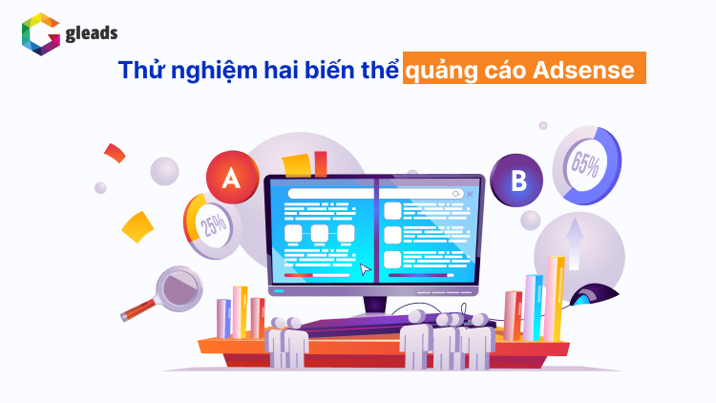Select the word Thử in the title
[138, 71]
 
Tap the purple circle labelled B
[516, 180]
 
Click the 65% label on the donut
[585, 163]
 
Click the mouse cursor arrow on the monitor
[365, 269]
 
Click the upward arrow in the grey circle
[576, 232]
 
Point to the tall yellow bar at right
[557, 296]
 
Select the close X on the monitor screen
[470, 193]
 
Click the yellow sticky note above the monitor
[296, 163]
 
